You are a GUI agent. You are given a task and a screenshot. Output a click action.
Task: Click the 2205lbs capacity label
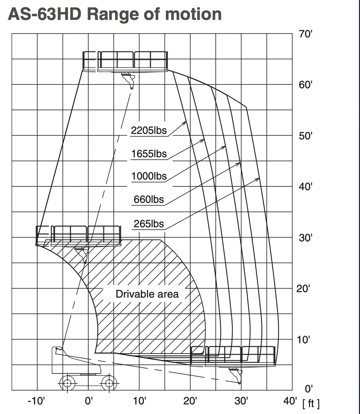pos(149,130)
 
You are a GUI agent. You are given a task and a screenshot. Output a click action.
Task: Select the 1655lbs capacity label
pos(149,154)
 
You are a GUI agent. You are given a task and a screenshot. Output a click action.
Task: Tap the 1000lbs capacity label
pos(149,176)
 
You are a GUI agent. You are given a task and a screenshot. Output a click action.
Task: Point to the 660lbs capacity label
pos(149,199)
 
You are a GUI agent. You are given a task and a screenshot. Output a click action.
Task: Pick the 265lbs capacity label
pos(149,224)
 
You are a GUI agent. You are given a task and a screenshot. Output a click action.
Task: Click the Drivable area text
pos(147,294)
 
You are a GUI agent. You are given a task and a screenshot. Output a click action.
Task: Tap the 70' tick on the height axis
pos(305,34)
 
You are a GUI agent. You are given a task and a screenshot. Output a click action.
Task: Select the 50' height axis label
pos(305,136)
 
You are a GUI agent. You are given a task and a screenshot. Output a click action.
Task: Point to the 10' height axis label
pos(303,340)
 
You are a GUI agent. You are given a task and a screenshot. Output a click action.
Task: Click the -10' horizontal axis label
pos(36,401)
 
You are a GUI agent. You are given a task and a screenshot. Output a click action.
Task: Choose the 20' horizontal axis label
pos(190,401)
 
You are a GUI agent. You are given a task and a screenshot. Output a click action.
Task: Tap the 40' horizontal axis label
pos(290,401)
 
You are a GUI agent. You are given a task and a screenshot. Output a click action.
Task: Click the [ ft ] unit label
pos(311,404)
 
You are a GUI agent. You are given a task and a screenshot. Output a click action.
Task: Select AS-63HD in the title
pos(45,14)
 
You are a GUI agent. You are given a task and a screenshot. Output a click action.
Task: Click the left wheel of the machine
pos(67,383)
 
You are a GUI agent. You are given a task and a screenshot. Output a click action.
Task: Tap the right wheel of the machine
pos(109,383)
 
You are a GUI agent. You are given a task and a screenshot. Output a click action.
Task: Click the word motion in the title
pos(193,14)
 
